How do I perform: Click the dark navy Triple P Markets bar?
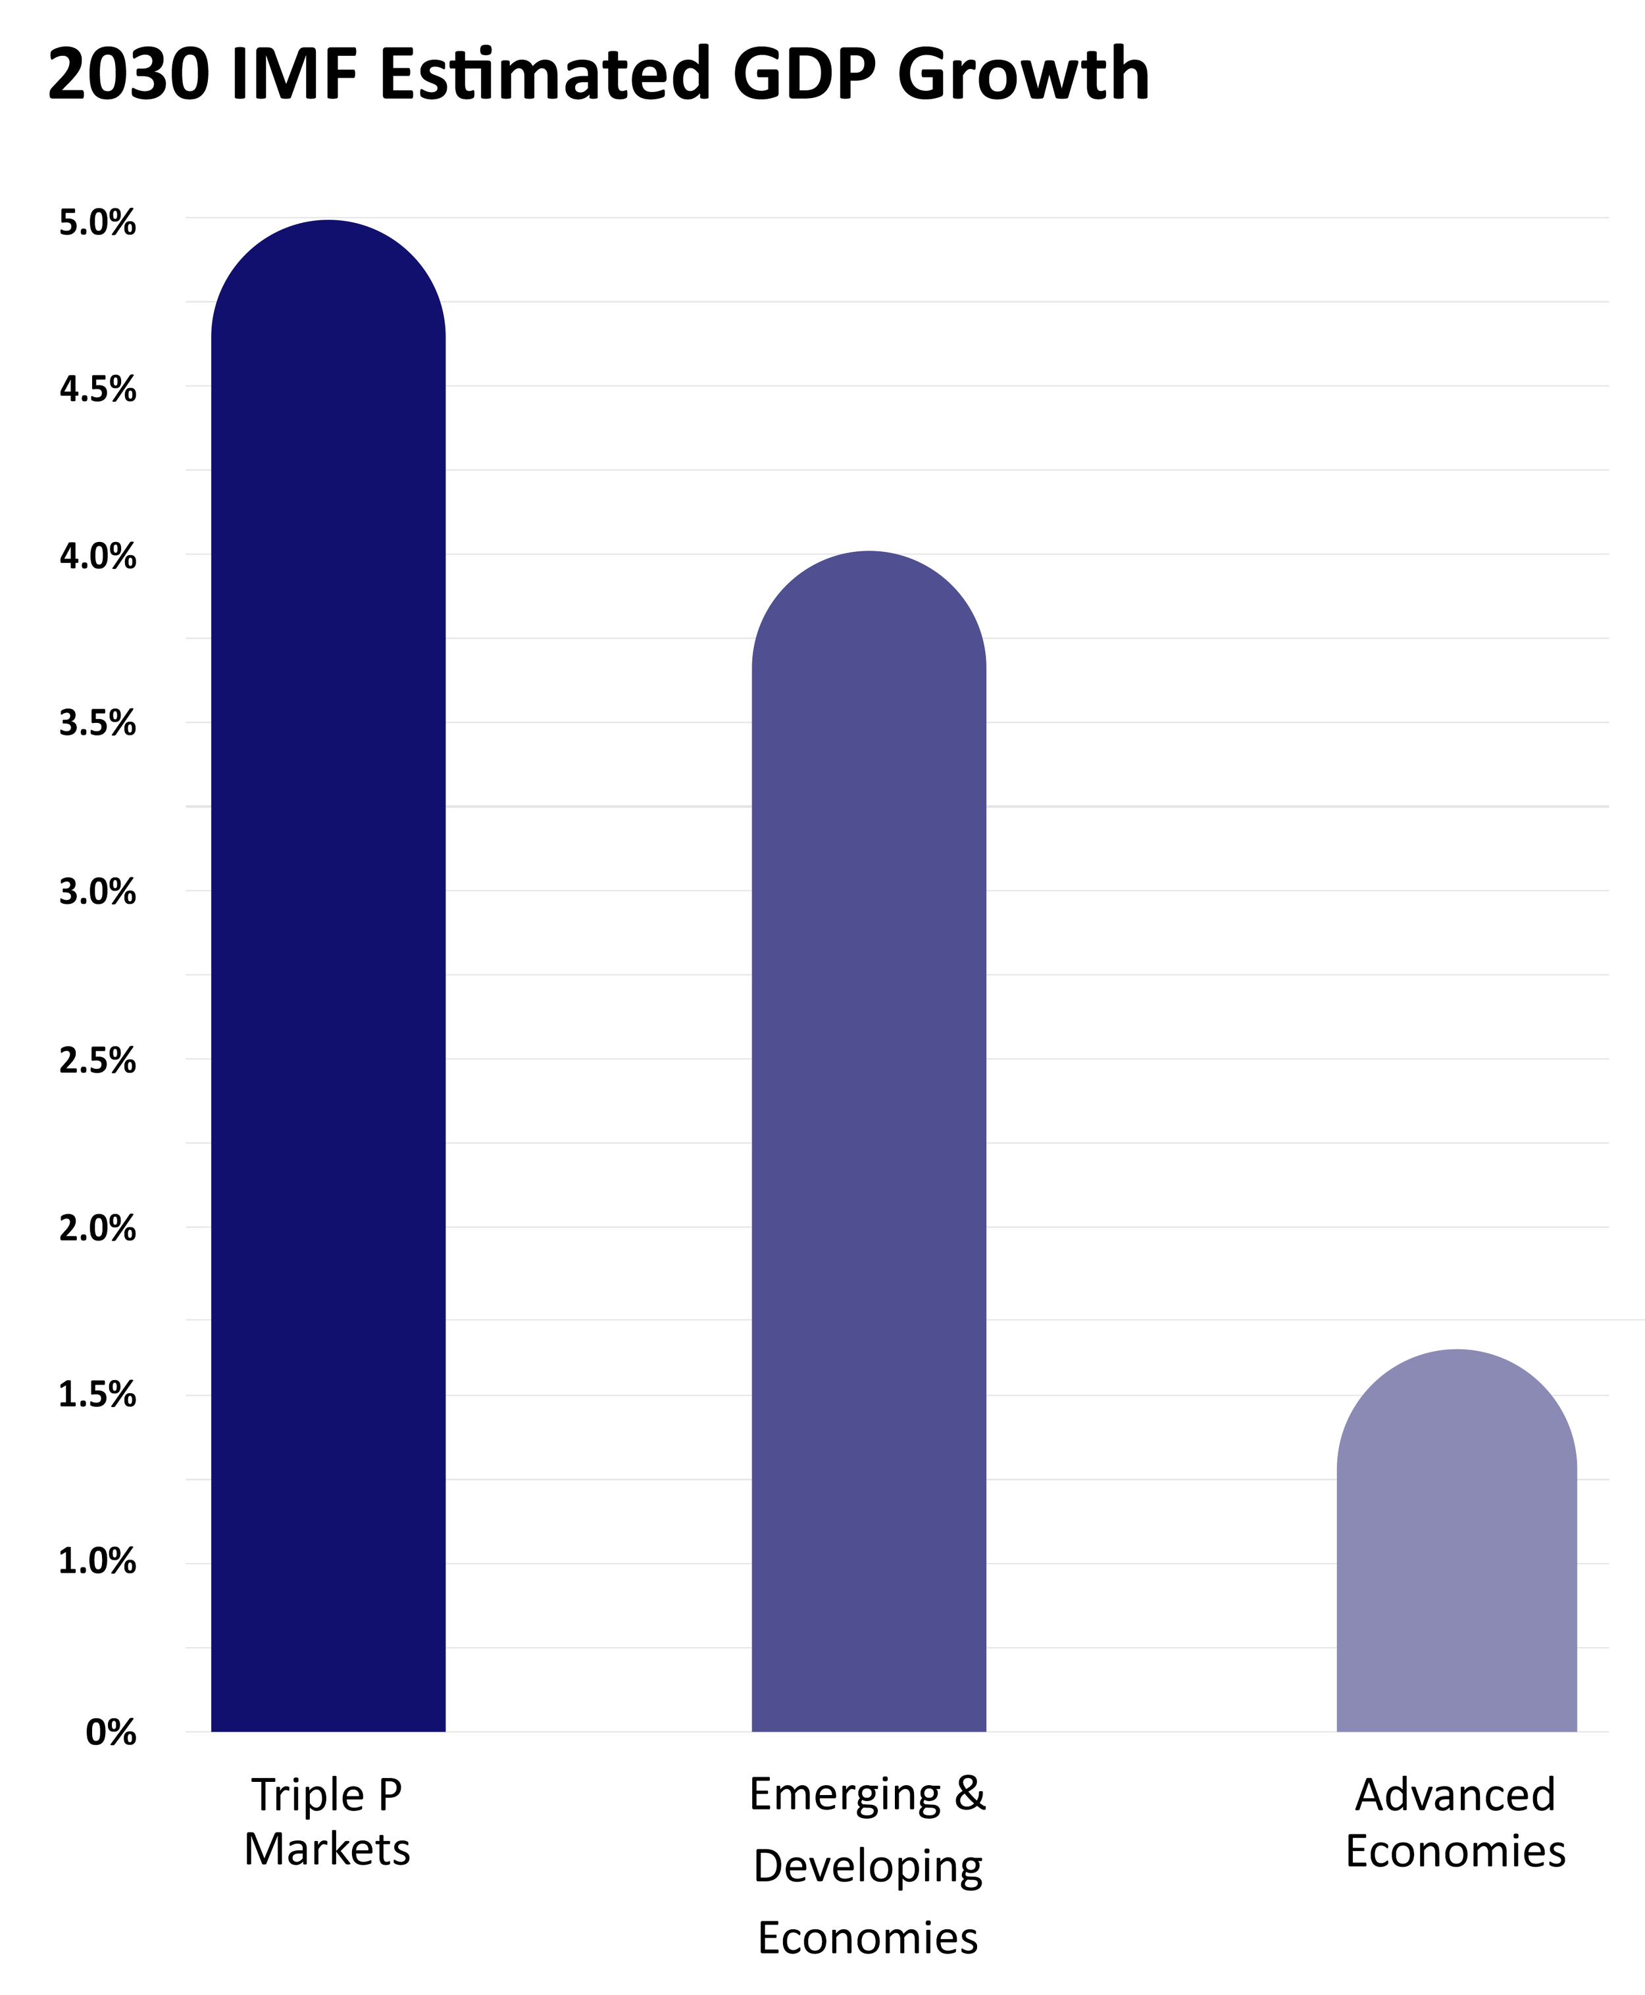pos(328,975)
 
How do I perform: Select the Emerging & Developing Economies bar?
pos(869,1141)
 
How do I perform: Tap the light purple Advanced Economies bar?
pos(1456,1541)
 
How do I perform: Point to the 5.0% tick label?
pos(97,224)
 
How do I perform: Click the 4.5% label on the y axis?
pos(97,389)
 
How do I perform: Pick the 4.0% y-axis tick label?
pos(97,557)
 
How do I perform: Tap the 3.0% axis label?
pos(97,893)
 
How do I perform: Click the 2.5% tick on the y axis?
pos(97,1061)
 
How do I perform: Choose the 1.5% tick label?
pos(97,1395)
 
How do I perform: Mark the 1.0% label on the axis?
pos(97,1562)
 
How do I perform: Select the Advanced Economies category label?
pos(1455,1823)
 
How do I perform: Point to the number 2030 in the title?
pos(128,75)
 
